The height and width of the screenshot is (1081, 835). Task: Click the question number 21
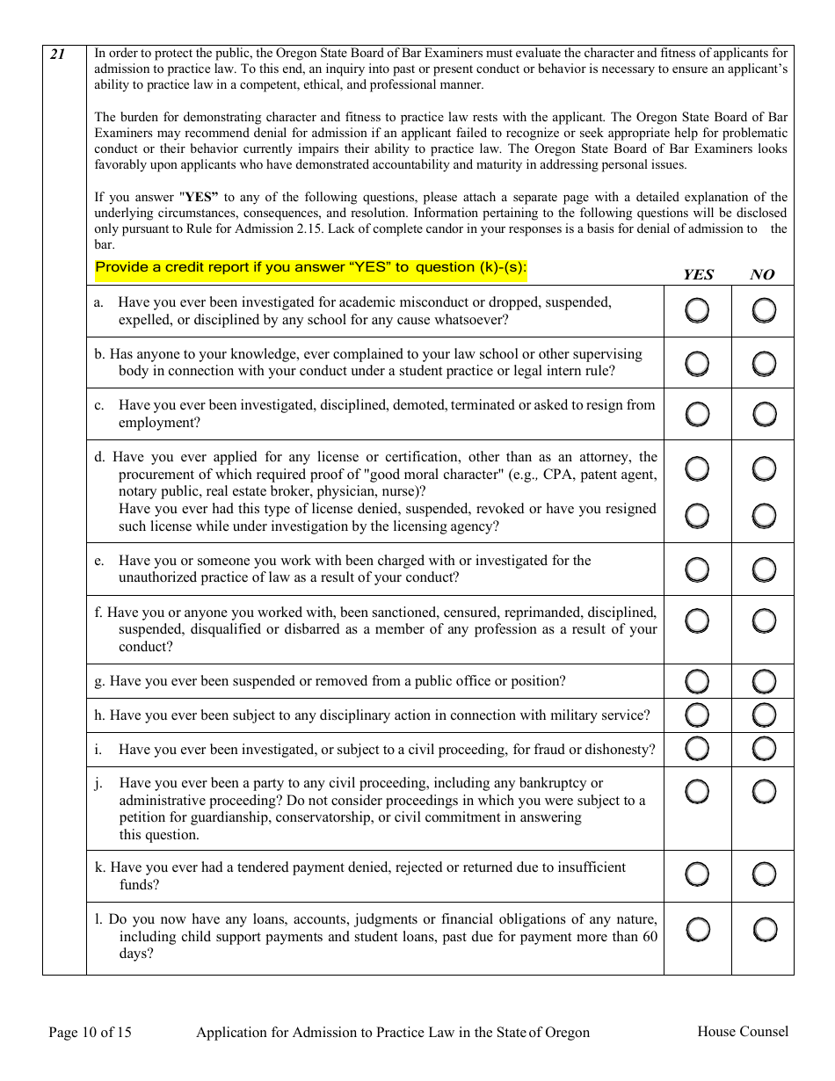coord(57,54)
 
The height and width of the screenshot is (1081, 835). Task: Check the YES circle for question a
coord(697,310)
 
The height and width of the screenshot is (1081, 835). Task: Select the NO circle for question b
coord(764,363)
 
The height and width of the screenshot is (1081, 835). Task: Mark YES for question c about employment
coord(697,414)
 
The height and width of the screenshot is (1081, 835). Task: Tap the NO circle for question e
coord(764,570)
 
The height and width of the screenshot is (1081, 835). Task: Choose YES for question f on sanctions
coord(697,621)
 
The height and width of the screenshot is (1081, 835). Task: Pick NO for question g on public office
coord(764,681)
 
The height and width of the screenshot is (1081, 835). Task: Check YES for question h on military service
coord(697,715)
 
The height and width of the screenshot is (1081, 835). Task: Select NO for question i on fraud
coord(764,749)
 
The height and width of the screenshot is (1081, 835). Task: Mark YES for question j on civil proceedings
coord(697,791)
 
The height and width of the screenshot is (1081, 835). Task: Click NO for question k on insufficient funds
coord(764,874)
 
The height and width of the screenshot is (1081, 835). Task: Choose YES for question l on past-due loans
coord(697,929)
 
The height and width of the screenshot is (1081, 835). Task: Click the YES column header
coord(698,274)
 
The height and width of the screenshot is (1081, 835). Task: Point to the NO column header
coord(762,274)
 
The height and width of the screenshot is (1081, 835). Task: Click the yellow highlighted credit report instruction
coord(311,267)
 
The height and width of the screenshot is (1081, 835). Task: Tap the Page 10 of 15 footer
coord(90,1033)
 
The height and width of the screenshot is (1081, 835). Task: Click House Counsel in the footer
coord(743,1032)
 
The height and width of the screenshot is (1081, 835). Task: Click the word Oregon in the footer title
coord(568,1033)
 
